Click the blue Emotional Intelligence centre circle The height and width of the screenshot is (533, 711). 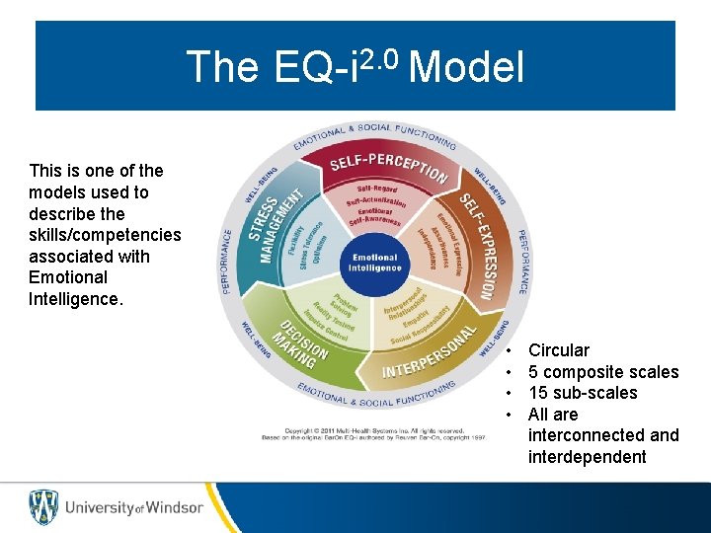(x=374, y=263)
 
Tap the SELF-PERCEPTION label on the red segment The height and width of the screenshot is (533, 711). (x=388, y=167)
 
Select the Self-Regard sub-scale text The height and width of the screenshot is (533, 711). (x=377, y=188)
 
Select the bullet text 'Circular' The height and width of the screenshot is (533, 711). (x=559, y=350)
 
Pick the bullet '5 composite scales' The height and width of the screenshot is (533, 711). (x=603, y=372)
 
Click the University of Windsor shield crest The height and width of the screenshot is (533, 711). (x=43, y=506)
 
